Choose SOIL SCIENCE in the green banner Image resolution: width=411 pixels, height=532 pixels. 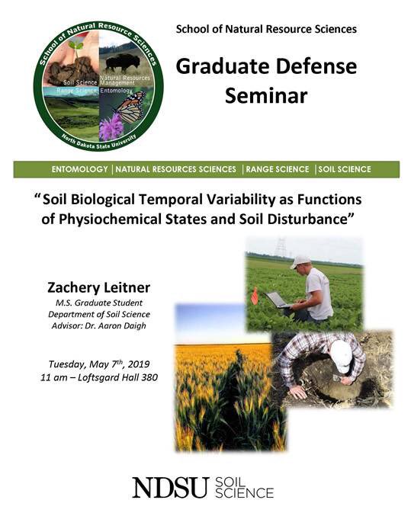click(x=344, y=169)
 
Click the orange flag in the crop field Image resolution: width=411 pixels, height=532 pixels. click(x=254, y=294)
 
